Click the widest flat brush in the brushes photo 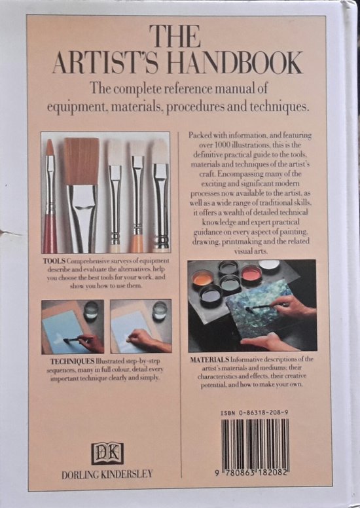tap(82, 187)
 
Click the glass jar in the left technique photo tap(91, 310)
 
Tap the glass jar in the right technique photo tap(159, 310)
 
